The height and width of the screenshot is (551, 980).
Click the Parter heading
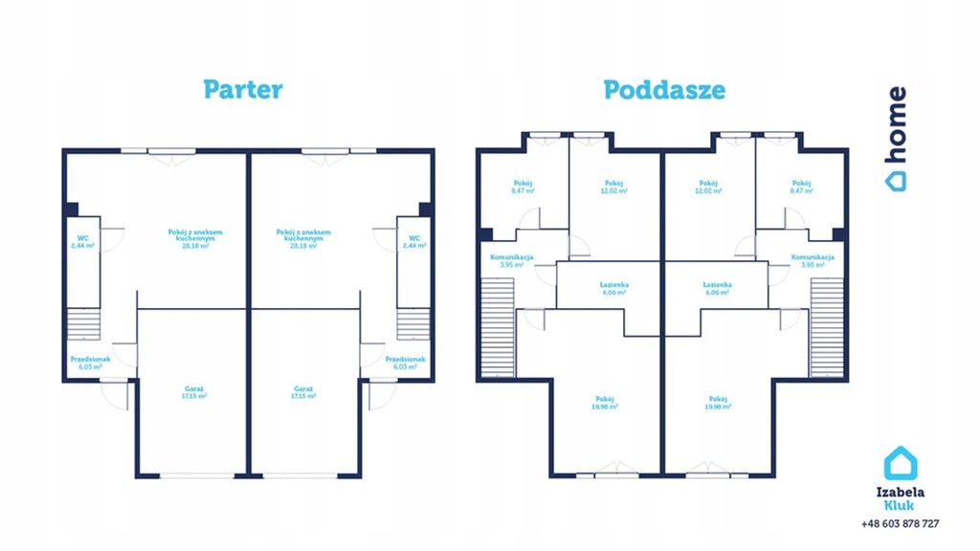(x=242, y=90)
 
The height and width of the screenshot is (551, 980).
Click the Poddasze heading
(x=663, y=90)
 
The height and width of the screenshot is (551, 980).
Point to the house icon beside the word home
(x=896, y=177)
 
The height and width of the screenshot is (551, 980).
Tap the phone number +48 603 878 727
(x=900, y=523)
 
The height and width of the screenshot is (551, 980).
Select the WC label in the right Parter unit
(x=414, y=238)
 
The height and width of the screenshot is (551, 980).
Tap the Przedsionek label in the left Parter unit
(x=90, y=359)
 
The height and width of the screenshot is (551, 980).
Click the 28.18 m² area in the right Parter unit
(x=304, y=246)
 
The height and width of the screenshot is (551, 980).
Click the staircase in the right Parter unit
(x=413, y=324)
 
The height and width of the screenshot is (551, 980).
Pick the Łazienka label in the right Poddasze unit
(x=717, y=285)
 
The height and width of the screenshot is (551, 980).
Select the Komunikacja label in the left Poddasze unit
(x=512, y=257)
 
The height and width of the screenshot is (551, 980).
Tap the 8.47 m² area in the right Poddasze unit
(x=801, y=191)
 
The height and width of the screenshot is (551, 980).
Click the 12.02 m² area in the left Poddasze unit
(x=614, y=191)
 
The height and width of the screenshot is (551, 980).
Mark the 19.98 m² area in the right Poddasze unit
(x=718, y=407)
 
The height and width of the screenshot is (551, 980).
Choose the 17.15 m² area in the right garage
(x=304, y=396)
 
